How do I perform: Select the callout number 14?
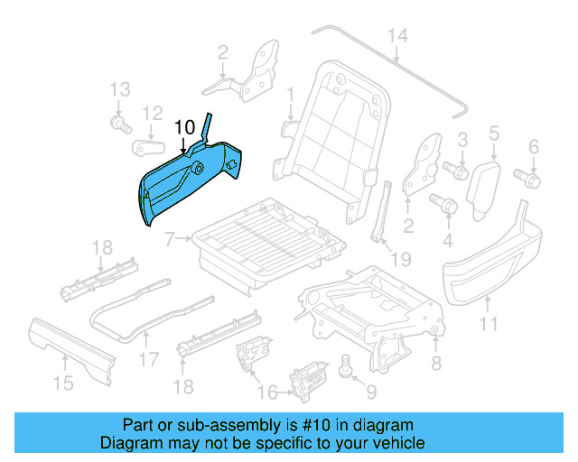(397, 36)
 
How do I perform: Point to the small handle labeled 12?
(148, 146)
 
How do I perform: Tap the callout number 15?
(62, 383)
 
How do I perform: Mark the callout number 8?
(436, 364)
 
